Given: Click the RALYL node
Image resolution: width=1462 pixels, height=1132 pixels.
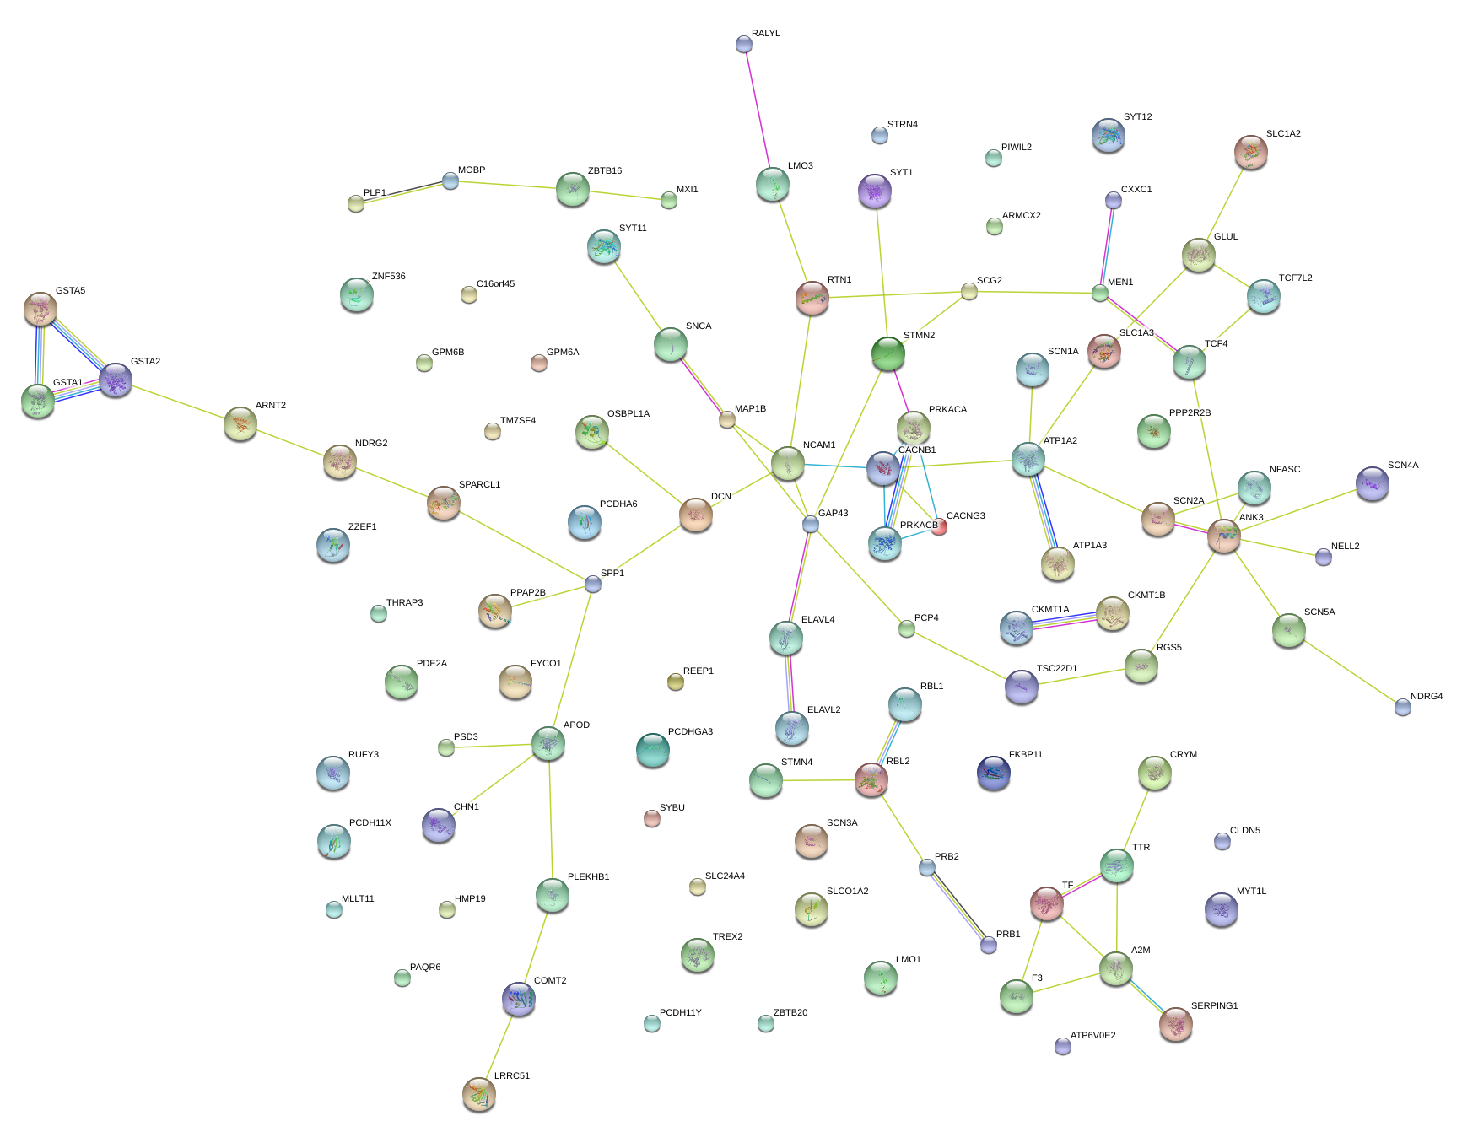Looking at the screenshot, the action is click(x=743, y=44).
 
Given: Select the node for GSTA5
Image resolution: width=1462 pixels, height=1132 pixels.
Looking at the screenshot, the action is click(x=40, y=309).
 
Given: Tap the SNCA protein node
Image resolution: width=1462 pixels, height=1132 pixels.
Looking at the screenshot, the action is click(x=671, y=344).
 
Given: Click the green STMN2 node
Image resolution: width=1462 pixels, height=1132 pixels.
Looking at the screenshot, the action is click(x=887, y=353).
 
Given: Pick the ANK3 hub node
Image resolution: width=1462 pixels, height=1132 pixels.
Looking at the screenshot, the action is click(x=1223, y=535).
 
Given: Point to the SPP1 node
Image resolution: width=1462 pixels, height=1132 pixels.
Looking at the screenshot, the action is click(x=593, y=584).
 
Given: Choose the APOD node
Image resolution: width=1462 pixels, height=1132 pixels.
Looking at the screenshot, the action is click(x=548, y=743).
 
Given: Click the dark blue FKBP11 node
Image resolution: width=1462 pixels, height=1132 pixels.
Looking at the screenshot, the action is click(x=993, y=773).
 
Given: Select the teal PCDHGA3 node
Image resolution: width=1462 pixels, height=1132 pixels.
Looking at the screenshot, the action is click(x=652, y=749).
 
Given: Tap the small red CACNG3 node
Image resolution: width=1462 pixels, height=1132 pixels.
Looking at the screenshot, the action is click(x=939, y=527).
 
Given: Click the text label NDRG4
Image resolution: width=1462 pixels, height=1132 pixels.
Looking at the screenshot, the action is click(x=1426, y=697).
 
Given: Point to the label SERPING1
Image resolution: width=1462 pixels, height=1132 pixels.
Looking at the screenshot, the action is click(x=1214, y=1006).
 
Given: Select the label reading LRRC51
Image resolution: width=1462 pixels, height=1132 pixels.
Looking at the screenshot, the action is click(x=511, y=1076).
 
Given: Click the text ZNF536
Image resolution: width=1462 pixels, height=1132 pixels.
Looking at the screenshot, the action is click(x=388, y=277).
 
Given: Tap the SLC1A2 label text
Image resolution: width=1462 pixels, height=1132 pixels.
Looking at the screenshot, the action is click(x=1282, y=134).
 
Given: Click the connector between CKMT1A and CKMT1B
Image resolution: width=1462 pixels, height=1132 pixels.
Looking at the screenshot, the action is click(x=1065, y=621).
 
